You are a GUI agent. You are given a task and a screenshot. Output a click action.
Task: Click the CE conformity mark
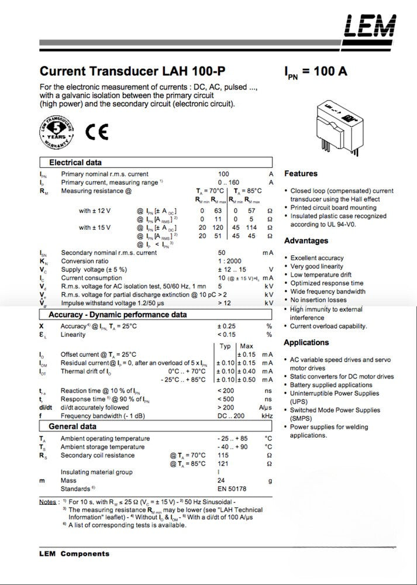(x=97, y=132)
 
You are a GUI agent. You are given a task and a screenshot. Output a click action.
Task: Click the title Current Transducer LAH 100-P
(x=132, y=72)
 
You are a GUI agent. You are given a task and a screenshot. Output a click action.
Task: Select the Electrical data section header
(x=75, y=162)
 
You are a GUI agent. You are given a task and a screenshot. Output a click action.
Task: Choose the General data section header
(x=73, y=426)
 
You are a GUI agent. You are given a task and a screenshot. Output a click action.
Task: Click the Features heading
(x=301, y=174)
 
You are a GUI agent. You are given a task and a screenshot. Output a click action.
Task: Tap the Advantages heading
(x=306, y=241)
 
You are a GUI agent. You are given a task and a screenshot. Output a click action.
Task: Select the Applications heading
(x=306, y=342)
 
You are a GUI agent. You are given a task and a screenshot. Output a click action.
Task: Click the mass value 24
(x=221, y=480)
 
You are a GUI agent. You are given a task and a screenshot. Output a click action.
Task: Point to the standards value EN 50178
(x=232, y=488)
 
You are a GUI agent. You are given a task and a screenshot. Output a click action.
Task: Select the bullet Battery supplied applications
(x=331, y=386)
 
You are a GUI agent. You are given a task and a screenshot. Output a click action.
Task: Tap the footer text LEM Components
(x=74, y=553)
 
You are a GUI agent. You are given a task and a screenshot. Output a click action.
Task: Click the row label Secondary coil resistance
(x=99, y=455)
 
